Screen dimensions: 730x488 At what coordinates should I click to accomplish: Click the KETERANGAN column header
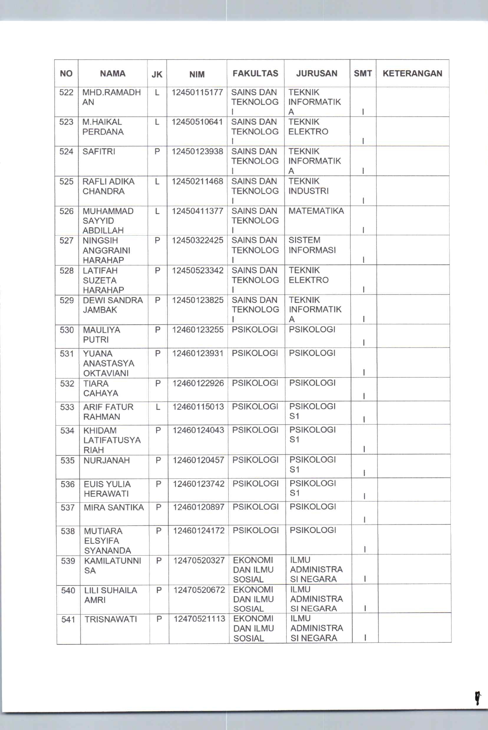[412, 73]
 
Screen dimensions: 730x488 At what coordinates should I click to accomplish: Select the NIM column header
[197, 74]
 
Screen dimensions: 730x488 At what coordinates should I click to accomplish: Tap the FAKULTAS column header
[255, 73]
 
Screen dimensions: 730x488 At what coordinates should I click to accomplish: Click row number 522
[66, 93]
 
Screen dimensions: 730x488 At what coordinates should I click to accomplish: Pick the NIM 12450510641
[197, 122]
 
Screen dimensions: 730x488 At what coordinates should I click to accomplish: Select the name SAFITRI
[99, 152]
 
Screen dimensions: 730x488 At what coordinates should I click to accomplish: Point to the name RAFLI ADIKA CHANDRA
[108, 187]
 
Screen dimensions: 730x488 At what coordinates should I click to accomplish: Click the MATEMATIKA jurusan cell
[316, 211]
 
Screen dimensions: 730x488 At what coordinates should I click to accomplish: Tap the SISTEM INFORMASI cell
[312, 245]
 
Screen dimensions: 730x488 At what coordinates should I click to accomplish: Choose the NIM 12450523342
[198, 271]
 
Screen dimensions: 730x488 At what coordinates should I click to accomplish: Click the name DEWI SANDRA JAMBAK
[113, 305]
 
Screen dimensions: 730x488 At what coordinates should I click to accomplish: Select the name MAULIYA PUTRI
[101, 335]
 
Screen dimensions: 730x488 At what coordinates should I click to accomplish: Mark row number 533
[67, 407]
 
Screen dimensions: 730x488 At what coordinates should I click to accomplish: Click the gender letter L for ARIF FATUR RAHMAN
[158, 407]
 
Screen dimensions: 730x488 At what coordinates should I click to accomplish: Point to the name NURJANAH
[107, 461]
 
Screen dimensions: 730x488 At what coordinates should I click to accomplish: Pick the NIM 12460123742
[198, 484]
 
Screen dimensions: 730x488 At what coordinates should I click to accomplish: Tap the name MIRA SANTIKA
[114, 508]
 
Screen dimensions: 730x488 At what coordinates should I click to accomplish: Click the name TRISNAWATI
[111, 620]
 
